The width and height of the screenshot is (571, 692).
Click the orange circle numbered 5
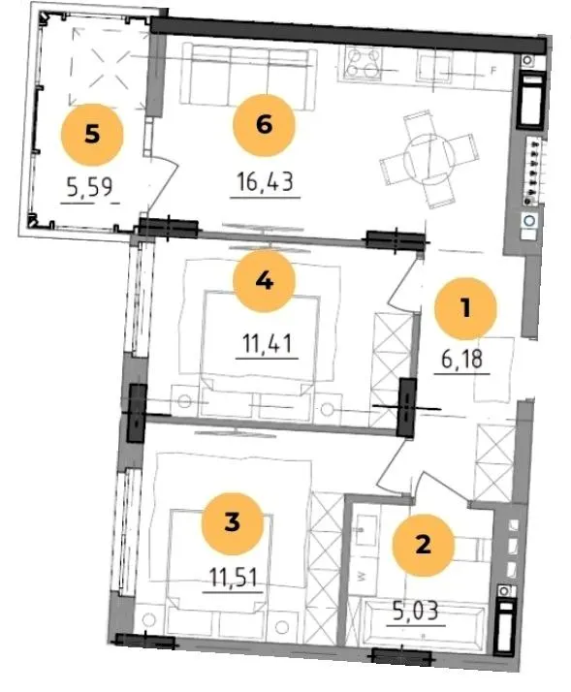(92, 135)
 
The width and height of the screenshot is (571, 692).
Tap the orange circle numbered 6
(264, 125)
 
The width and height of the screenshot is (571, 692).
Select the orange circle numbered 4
(264, 281)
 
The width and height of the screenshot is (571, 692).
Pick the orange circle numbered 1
(465, 308)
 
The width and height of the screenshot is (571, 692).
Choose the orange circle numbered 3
(233, 523)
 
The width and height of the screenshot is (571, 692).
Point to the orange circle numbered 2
(423, 545)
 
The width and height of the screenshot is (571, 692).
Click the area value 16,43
(265, 181)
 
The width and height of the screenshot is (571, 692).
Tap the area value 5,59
(90, 187)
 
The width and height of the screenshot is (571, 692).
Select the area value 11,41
(268, 343)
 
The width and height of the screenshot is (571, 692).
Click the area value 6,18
(461, 360)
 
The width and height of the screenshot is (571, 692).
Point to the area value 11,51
(233, 578)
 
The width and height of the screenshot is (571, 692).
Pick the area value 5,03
(415, 612)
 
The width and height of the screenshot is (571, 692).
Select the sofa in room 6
(248, 77)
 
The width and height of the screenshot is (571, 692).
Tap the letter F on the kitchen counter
(494, 70)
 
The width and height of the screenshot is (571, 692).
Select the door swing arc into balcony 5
(167, 182)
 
